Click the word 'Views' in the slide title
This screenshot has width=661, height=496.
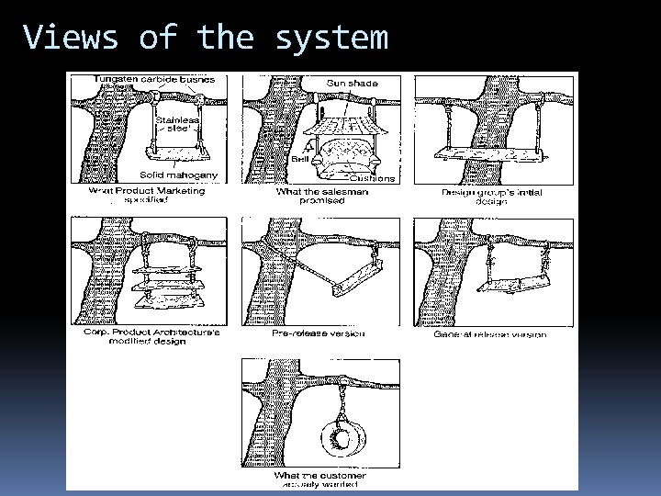[71, 38]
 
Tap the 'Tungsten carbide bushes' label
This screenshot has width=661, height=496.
[153, 80]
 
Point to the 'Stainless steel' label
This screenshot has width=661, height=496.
[174, 124]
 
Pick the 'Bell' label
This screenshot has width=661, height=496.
[300, 159]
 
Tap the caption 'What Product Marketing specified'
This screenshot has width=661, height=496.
[147, 196]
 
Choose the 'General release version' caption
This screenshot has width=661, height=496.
[489, 334]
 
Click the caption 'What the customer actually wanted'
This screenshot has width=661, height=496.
[319, 479]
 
